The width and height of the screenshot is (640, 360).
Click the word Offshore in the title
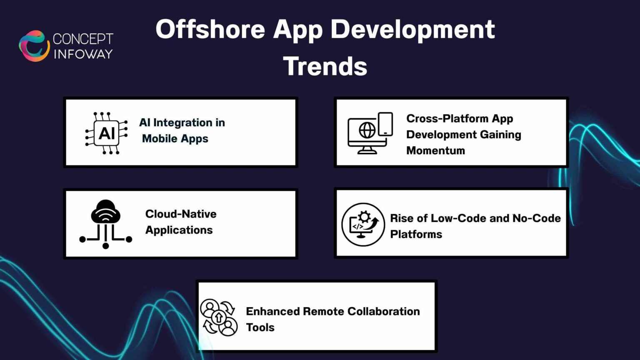click(x=210, y=30)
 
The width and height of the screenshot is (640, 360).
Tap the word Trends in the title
click(x=325, y=67)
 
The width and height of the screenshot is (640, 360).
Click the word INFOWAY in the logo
click(x=83, y=54)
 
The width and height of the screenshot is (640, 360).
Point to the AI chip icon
click(x=106, y=133)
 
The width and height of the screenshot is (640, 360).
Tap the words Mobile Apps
click(x=175, y=139)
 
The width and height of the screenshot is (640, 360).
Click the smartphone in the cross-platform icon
click(x=385, y=124)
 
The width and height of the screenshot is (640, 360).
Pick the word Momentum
click(x=435, y=150)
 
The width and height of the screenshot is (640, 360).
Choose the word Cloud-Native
click(x=181, y=214)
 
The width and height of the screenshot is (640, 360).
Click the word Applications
click(x=179, y=230)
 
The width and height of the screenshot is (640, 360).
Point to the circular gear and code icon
click(x=363, y=225)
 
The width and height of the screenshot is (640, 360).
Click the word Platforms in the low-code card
click(x=416, y=234)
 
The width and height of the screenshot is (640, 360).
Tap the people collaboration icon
click(x=219, y=317)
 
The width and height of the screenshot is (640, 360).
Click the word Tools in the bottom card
click(x=260, y=327)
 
